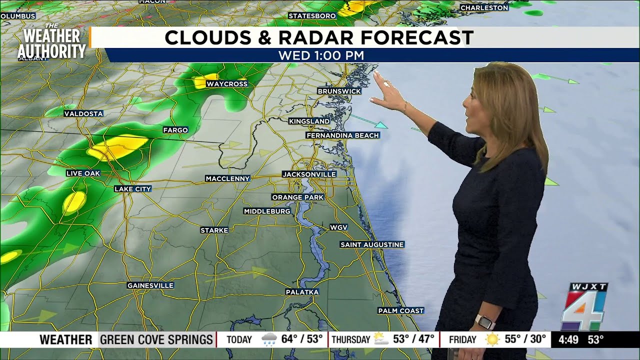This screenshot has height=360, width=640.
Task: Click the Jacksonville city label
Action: (309, 174)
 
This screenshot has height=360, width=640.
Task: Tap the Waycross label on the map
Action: (227, 84)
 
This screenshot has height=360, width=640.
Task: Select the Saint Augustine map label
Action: (372, 244)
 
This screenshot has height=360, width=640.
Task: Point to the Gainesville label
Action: (150, 285)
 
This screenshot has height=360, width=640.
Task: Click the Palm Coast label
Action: (401, 311)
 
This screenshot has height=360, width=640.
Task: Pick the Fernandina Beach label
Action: (342, 135)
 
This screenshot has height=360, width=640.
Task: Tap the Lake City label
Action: (132, 189)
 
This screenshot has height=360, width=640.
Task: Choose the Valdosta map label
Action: (83, 114)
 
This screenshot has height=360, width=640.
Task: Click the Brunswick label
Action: (339, 91)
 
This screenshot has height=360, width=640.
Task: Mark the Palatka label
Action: (302, 292)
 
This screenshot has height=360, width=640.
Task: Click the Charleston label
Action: (484, 8)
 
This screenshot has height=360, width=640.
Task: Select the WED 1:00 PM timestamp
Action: (321, 55)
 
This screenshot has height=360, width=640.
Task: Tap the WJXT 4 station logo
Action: (583, 307)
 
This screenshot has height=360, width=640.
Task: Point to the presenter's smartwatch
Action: (484, 321)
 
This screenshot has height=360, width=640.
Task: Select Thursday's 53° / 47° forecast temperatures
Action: (413, 339)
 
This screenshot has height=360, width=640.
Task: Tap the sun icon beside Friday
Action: (492, 340)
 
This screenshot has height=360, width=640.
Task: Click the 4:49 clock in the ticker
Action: (568, 340)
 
